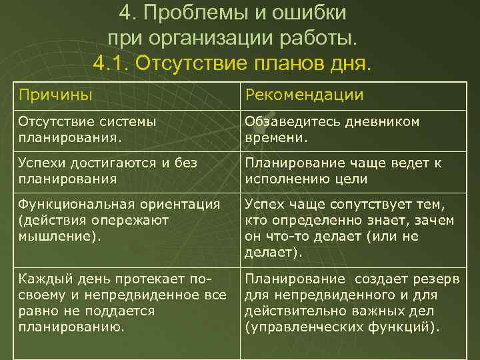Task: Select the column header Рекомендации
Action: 304,95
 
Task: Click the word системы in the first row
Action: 127,121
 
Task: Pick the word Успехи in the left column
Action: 44,163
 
